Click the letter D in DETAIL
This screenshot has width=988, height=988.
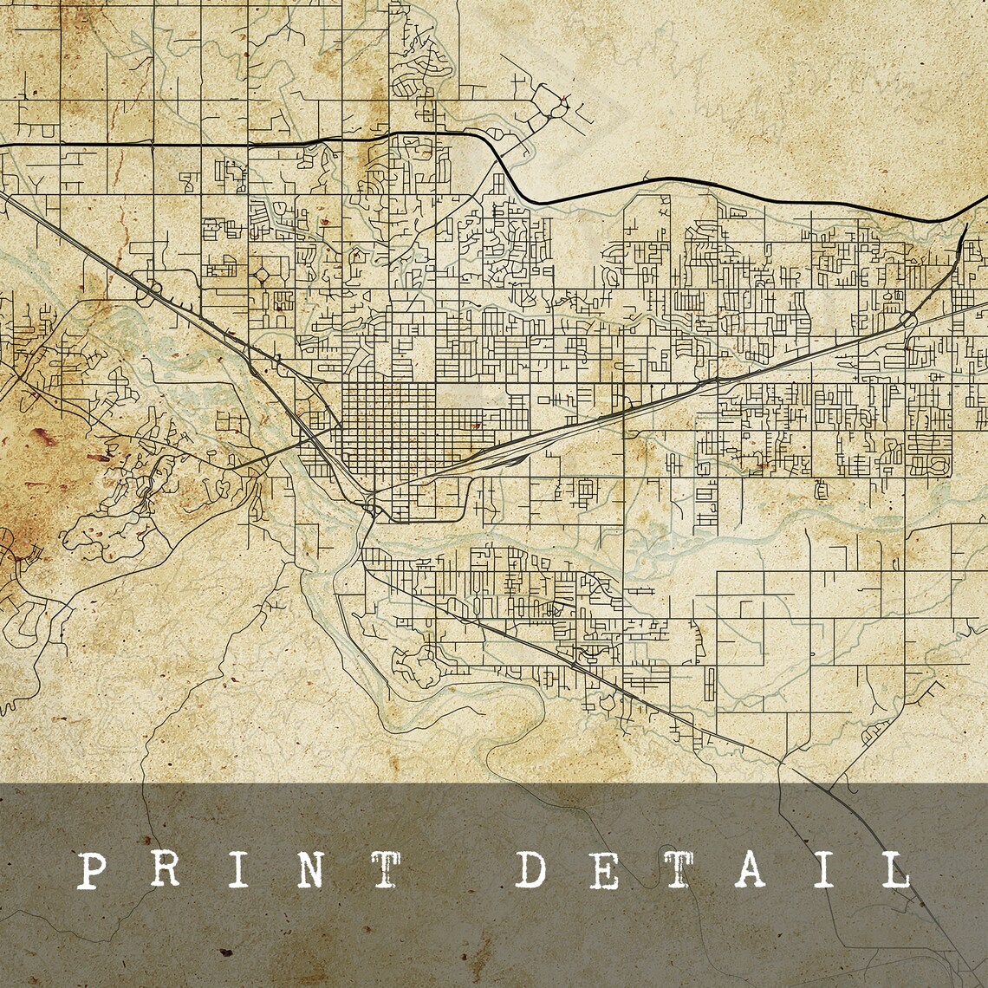pos(535,869)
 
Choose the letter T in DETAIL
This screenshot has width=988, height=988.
pos(679,869)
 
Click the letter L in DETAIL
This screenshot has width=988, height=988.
pos(892,869)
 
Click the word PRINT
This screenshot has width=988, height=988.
pos(238,869)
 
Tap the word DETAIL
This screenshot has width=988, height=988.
pos(713,869)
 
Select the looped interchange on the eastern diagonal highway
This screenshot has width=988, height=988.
pos(907,320)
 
